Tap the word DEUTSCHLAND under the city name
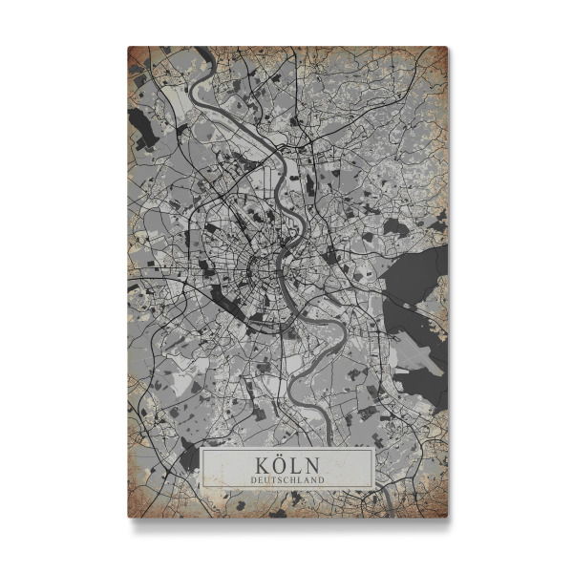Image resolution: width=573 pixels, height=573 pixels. point(286,478)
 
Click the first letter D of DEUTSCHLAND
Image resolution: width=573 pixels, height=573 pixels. point(252,478)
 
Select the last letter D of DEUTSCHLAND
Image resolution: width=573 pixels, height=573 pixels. point(322,478)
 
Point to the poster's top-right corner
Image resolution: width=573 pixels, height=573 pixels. point(445,49)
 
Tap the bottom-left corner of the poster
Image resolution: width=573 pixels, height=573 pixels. point(131,515)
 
